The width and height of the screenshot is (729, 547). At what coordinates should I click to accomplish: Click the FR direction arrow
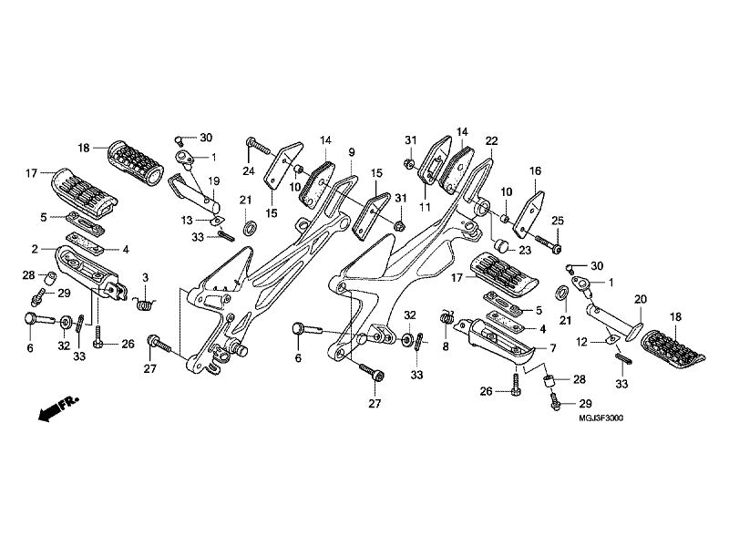(x=57, y=408)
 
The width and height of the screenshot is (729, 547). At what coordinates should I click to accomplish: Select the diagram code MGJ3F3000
(x=601, y=418)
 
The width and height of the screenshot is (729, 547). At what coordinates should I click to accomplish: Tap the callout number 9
(x=352, y=152)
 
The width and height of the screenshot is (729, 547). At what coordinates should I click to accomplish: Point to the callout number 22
(x=491, y=140)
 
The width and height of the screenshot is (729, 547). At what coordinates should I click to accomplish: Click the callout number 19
(x=213, y=181)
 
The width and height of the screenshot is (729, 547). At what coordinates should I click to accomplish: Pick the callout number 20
(x=641, y=299)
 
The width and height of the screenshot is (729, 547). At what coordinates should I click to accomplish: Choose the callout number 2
(x=35, y=249)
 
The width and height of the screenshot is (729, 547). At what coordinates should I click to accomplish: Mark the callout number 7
(x=552, y=347)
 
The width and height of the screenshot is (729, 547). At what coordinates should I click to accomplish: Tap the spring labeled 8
(x=447, y=317)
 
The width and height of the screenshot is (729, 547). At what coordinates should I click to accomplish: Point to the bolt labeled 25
(x=548, y=243)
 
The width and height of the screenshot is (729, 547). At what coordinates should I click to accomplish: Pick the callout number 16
(x=535, y=170)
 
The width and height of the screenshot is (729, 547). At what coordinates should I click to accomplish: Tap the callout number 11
(x=425, y=207)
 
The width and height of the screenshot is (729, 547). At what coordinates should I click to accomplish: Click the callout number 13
(x=187, y=220)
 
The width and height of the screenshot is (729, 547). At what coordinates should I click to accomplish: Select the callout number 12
(x=581, y=343)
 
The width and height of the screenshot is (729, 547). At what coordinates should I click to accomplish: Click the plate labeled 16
(x=529, y=213)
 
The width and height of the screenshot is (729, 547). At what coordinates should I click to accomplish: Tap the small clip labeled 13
(x=217, y=221)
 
